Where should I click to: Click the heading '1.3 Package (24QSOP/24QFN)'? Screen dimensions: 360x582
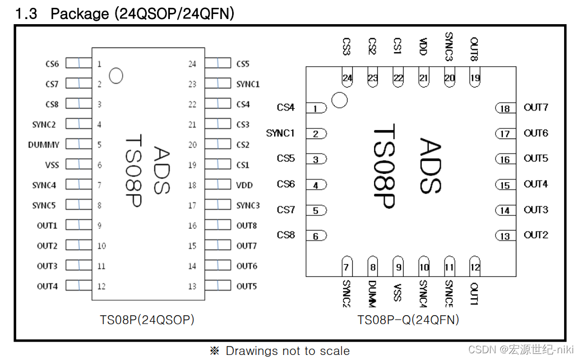coord(124,13)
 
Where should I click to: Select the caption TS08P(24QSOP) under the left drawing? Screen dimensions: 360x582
coord(147,320)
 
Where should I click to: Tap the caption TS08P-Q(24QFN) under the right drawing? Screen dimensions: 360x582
coord(408,320)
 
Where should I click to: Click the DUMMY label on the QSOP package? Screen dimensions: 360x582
coord(44,145)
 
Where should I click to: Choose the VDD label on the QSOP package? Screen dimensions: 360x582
coord(244,185)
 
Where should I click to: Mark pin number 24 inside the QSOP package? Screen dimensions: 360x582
coord(192,64)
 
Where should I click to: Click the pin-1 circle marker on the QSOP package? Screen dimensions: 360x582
coord(116,75)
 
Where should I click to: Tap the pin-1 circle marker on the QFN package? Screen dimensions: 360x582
coord(339,100)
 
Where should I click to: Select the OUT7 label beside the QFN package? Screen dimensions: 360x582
coord(535,108)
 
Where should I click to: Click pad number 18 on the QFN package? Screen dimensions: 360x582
coord(505,108)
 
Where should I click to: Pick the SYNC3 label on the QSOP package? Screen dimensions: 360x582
coord(248,205)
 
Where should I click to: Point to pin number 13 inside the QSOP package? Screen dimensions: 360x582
coord(192,287)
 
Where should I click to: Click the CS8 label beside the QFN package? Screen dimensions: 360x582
coord(286,235)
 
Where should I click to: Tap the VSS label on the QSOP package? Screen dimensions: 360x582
coord(52,165)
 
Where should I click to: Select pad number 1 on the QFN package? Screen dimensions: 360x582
coord(316,108)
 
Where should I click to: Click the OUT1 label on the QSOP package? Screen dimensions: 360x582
coord(47,225)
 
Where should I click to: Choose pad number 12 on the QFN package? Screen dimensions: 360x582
coord(475,267)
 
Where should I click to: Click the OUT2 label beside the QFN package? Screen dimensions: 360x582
coord(535,235)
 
